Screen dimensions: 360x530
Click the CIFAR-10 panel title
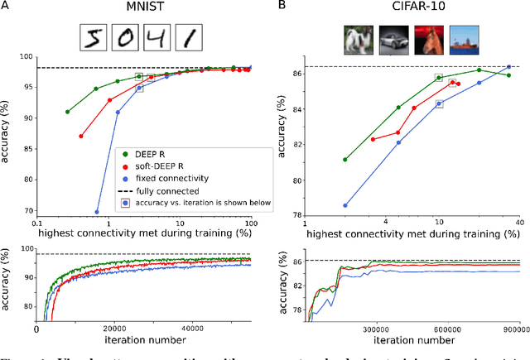pyautogui.click(x=416, y=9)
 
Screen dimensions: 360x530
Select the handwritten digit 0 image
pyautogui.click(x=127, y=37)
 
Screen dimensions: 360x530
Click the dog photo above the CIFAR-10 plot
pyautogui.click(x=358, y=41)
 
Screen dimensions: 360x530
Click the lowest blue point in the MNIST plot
pyautogui.click(x=97, y=212)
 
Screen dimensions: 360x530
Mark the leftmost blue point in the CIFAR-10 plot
pyautogui.click(x=344, y=205)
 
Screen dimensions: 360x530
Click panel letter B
pyautogui.click(x=281, y=9)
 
